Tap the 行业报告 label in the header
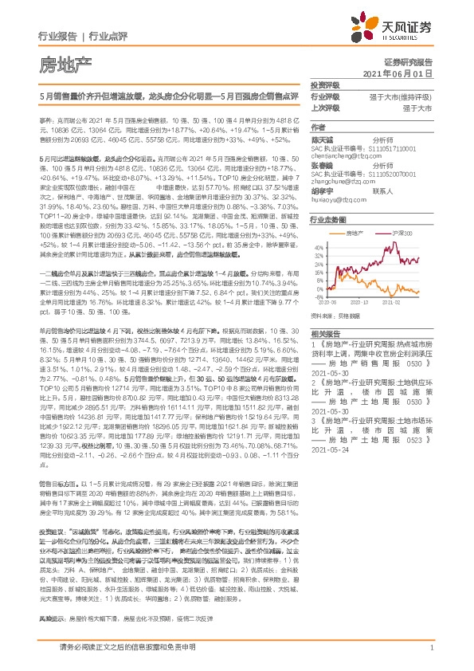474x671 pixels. coord(58,35)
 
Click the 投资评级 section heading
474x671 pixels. coord(325,84)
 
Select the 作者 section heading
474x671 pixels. coord(319,127)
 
